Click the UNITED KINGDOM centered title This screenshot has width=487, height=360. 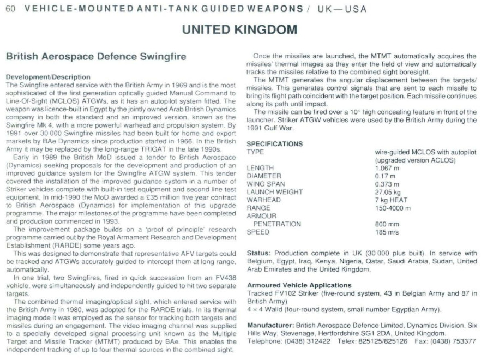click(239, 29)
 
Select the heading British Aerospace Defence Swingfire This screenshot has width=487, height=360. click(96, 57)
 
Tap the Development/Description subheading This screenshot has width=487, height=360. click(48, 77)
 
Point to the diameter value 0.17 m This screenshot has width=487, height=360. click(385, 176)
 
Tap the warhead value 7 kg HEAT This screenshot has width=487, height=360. click(392, 200)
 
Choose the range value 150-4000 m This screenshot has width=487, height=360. click(393, 208)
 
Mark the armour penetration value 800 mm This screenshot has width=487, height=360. click(387, 224)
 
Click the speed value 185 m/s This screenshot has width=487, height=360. click(387, 232)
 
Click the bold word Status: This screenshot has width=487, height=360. click(258, 254)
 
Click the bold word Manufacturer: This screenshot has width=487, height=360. click(270, 325)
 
